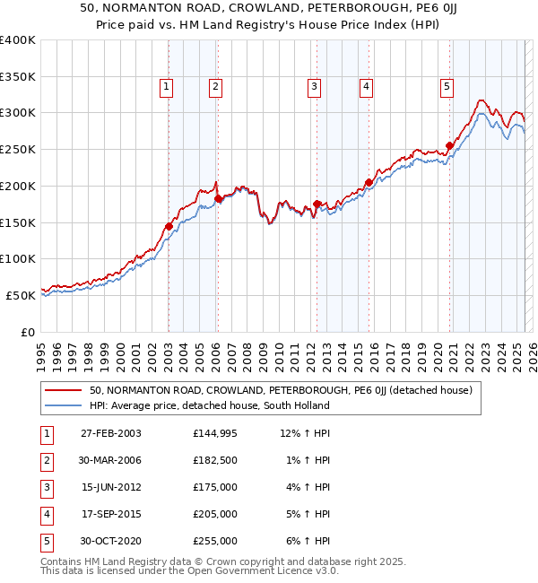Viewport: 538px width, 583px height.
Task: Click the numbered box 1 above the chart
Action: click(x=168, y=87)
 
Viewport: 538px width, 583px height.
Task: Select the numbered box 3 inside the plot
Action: click(x=315, y=87)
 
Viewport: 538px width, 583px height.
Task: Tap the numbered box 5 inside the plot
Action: click(x=447, y=87)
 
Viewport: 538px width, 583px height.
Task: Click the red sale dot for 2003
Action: click(x=169, y=226)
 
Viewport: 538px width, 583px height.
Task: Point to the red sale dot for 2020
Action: click(x=449, y=146)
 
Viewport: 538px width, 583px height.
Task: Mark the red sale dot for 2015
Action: click(x=369, y=182)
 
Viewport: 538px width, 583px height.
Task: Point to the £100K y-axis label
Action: click(x=17, y=258)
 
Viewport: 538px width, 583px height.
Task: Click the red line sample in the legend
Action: click(x=64, y=390)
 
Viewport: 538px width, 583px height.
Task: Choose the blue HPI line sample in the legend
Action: click(x=64, y=405)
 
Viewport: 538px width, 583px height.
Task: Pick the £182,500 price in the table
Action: click(x=215, y=461)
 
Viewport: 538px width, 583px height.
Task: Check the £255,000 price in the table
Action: click(x=215, y=542)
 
